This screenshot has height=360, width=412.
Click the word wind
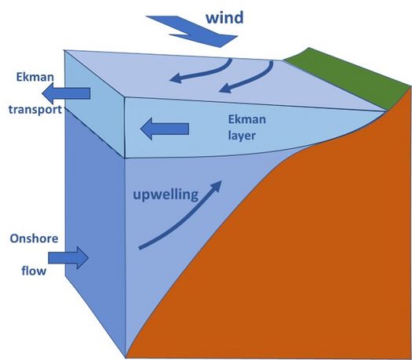(224, 17)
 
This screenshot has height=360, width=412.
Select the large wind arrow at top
(191, 31)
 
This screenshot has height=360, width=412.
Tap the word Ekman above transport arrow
(35, 77)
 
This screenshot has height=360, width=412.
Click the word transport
(35, 110)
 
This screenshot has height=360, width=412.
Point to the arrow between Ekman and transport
(66, 93)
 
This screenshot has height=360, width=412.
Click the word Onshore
(34, 238)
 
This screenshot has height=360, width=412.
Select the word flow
(34, 271)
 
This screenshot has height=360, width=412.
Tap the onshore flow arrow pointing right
(68, 258)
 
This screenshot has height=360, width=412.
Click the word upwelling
(166, 195)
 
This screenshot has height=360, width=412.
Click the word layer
(242, 136)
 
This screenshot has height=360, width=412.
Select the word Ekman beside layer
(247, 119)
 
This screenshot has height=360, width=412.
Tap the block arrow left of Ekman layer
(165, 129)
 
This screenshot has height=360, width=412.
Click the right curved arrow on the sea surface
(250, 78)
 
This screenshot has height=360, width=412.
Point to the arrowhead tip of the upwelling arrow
(221, 181)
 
